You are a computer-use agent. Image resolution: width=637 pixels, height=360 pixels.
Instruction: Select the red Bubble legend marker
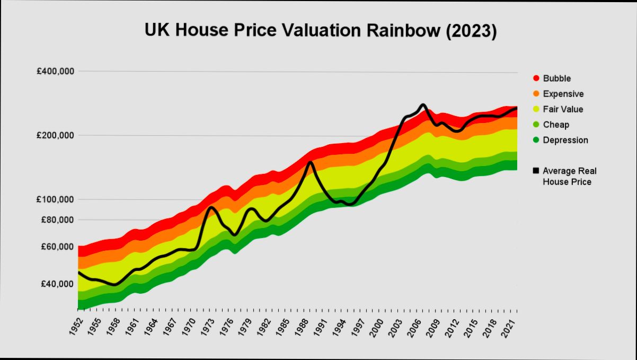[536, 78]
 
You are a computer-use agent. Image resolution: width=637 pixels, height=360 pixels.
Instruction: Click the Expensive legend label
[563, 94]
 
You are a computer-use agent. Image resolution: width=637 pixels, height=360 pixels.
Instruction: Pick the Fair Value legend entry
[563, 109]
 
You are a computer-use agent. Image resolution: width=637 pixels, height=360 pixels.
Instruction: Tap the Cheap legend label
[556, 125]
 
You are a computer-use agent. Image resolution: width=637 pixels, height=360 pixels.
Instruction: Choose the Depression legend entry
[565, 140]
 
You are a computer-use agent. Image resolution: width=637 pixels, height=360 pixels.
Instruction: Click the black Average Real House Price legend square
[536, 171]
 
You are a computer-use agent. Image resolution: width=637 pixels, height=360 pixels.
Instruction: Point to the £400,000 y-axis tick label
[56, 71]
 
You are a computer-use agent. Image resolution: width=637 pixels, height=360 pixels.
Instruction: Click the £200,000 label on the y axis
[56, 135]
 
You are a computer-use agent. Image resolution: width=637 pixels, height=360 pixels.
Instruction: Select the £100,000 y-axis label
[56, 199]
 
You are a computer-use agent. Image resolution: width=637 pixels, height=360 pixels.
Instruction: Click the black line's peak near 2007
[422, 105]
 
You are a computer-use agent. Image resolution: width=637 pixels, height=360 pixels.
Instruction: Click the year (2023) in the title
[471, 31]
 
